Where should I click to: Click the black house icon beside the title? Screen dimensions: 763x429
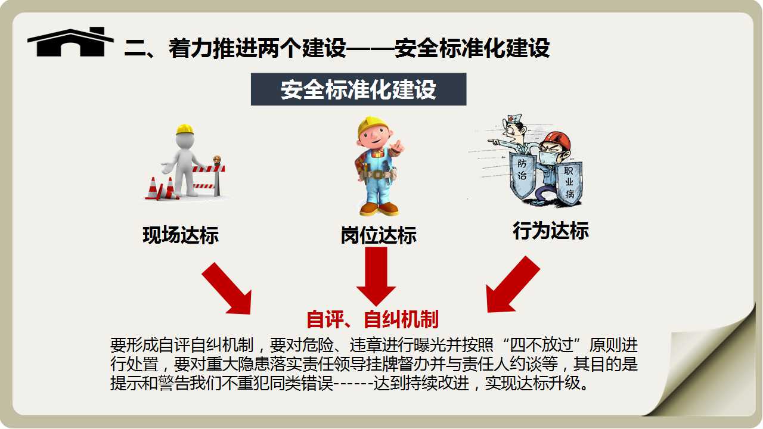click(x=70, y=42)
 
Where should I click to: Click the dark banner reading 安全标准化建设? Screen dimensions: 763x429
click(x=358, y=89)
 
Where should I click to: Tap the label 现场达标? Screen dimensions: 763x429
click(x=181, y=235)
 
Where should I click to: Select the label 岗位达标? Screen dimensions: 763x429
click(x=379, y=235)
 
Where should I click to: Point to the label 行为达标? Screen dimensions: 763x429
click(x=551, y=231)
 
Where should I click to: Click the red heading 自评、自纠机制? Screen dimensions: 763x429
click(x=373, y=319)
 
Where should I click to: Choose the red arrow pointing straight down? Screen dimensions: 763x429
click(x=376, y=276)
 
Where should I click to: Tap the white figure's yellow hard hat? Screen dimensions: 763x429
click(x=185, y=129)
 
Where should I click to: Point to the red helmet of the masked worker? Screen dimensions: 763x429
click(x=557, y=141)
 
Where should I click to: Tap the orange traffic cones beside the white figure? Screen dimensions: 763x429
click(x=161, y=189)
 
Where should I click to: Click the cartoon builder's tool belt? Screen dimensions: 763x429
click(x=377, y=175)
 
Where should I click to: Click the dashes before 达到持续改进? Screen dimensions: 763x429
click(x=353, y=384)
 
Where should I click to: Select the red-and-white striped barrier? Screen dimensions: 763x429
click(x=209, y=177)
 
